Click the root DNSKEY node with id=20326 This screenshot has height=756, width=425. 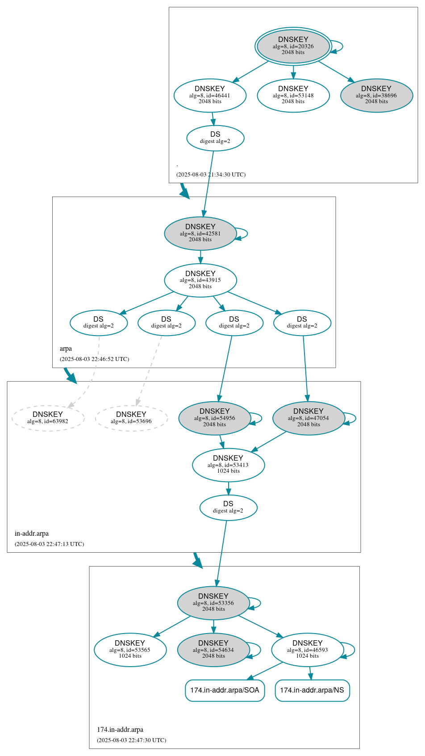(x=293, y=46)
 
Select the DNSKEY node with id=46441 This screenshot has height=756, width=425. (x=210, y=95)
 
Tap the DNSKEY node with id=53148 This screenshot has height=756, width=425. (x=293, y=95)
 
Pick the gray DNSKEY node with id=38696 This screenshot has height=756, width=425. (x=376, y=95)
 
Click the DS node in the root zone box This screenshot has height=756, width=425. (x=215, y=138)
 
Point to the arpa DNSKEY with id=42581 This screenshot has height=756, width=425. (x=200, y=233)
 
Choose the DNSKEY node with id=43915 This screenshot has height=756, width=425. (x=200, y=280)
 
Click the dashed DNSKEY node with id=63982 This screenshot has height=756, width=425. (x=48, y=418)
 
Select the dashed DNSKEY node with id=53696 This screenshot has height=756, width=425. (x=131, y=418)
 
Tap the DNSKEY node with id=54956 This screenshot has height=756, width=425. (x=215, y=418)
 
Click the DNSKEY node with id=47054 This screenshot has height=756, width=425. (x=308, y=418)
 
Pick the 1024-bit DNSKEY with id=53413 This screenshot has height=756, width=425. (x=228, y=465)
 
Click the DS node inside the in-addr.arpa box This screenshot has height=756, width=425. (x=228, y=507)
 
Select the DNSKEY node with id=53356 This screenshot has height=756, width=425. (x=213, y=603)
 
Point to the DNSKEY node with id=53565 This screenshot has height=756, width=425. (x=130, y=650)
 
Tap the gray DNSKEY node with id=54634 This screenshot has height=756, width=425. (x=213, y=650)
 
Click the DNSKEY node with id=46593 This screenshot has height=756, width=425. (x=308, y=650)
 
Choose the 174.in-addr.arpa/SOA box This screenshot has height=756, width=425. (x=225, y=690)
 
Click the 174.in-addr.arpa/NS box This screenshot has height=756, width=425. (x=312, y=690)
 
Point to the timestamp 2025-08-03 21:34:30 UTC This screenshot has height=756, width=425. (x=211, y=175)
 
